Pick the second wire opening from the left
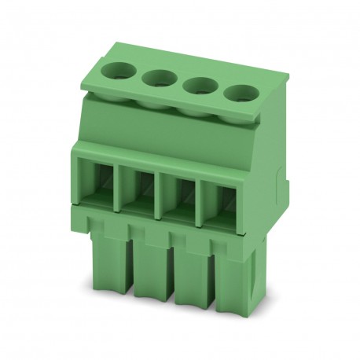pos(138,187)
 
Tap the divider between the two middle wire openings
pos(160,191)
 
